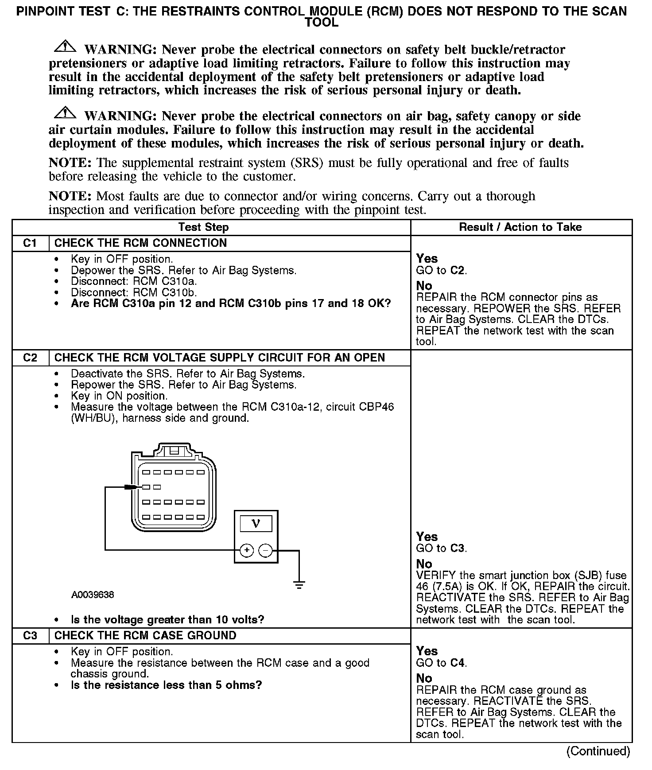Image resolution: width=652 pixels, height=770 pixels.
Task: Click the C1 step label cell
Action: point(30,243)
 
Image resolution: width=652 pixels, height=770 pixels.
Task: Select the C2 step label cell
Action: point(30,358)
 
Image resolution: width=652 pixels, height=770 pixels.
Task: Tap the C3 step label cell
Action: point(30,636)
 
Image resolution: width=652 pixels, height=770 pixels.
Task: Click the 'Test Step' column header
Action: point(203,228)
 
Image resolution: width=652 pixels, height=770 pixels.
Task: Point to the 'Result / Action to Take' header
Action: point(520,228)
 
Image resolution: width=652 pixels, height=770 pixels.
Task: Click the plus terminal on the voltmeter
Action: point(246,551)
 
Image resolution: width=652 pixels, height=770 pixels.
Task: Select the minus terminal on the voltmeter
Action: point(265,551)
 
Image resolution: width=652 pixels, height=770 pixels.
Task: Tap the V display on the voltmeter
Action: point(256,524)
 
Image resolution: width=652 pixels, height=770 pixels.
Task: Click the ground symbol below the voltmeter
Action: point(299,585)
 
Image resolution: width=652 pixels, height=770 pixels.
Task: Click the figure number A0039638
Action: point(93,595)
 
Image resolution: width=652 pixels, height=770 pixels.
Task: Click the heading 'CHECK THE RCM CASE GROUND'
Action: point(145,636)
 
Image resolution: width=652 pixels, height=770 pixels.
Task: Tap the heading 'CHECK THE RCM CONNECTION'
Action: point(140,243)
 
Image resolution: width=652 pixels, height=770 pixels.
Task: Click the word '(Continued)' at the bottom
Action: point(598,751)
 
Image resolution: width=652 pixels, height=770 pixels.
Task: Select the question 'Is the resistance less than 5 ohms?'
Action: point(166,685)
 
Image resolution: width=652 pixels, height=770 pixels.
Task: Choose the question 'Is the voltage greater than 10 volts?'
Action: point(167,620)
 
